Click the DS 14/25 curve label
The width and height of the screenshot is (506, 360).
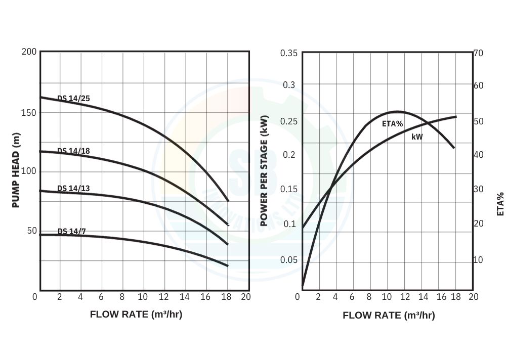click(x=73, y=99)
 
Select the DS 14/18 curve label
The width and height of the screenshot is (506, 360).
click(x=73, y=151)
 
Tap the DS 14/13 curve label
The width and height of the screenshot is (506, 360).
click(x=73, y=189)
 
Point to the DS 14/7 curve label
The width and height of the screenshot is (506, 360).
click(x=71, y=232)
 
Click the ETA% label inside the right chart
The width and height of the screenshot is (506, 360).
click(x=392, y=123)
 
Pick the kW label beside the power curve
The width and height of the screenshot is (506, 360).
click(x=417, y=137)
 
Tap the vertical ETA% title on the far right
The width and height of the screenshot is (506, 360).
click(x=500, y=204)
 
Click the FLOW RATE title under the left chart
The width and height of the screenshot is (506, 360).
click(x=136, y=314)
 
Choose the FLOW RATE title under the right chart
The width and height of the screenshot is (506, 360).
click(x=389, y=316)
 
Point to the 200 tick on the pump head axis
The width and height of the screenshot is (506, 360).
click(x=29, y=52)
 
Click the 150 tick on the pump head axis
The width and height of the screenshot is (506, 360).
click(x=29, y=112)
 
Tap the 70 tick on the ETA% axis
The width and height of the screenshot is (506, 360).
click(x=478, y=53)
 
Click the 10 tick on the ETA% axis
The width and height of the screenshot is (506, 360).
click(x=478, y=260)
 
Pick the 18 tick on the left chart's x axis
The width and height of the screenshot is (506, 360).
click(x=225, y=297)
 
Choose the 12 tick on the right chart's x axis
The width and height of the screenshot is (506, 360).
click(x=405, y=297)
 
